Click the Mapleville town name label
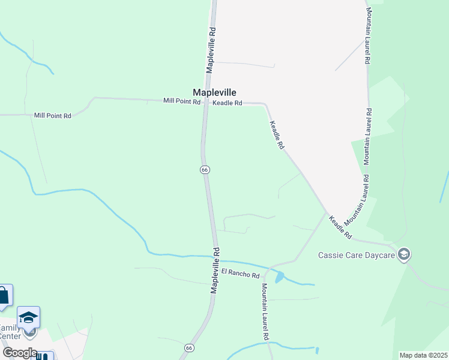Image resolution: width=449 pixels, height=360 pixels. pos(214,92)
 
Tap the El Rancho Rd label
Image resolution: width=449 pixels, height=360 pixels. pos(240,273)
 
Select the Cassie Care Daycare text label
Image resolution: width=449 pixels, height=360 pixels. pos(356,255)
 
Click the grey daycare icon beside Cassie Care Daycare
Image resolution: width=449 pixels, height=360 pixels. pos(404,254)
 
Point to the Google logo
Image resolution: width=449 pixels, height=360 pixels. pos(19,353)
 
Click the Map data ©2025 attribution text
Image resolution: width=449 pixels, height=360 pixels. pos(423,355)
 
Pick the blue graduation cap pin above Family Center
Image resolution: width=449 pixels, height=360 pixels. pos(28,317)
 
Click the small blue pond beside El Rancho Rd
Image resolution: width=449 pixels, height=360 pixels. pos(280,277)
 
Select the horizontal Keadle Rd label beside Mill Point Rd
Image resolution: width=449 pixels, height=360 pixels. pos(228,103)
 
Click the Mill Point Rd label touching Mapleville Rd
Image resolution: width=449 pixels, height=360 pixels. pos(182,101)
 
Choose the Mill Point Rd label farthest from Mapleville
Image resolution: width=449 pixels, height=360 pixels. pos(53,115)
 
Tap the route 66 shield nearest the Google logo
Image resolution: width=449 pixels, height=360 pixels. pos(189,347)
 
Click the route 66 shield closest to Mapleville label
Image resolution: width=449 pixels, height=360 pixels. pos(205,170)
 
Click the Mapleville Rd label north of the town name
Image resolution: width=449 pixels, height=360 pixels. pos(211,50)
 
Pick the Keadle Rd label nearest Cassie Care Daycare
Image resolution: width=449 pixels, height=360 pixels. pos(339,226)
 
